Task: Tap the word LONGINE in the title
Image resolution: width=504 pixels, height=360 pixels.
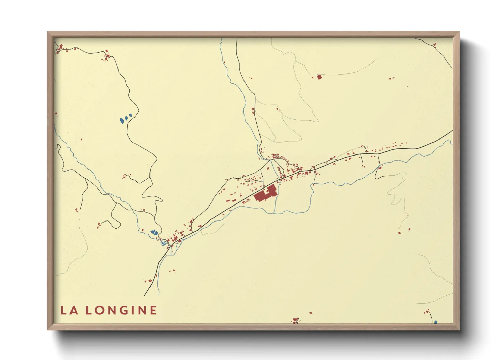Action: click(121, 310)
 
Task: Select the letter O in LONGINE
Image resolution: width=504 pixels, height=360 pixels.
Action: click(100, 310)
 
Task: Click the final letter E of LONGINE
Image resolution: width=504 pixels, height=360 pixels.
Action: click(153, 310)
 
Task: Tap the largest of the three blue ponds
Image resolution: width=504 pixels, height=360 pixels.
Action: click(122, 120)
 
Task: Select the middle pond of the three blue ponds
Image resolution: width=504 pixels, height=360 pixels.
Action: click(126, 118)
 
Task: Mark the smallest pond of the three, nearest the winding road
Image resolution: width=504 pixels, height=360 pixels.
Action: click(130, 116)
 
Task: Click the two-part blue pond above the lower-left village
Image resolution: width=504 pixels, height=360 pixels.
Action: click(154, 232)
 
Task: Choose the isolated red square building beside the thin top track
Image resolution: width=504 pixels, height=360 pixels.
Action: click(319, 77)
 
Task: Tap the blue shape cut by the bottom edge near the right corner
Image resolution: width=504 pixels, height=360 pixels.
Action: click(435, 322)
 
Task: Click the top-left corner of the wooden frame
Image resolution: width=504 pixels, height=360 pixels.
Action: click(48, 32)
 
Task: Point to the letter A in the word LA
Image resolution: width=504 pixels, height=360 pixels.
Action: click(74, 310)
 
